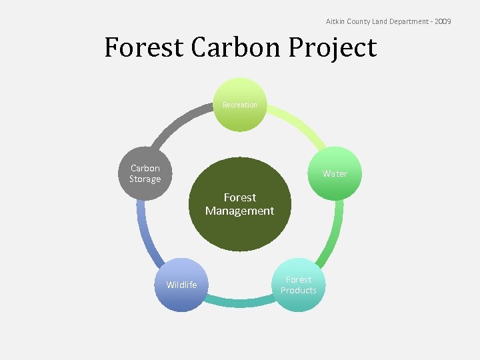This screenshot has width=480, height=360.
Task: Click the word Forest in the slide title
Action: [143, 48]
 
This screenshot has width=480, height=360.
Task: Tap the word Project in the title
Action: [335, 48]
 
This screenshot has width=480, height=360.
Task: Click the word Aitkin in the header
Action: [334, 22]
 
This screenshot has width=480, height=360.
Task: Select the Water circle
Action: [335, 173]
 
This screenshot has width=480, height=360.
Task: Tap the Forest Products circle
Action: [299, 285]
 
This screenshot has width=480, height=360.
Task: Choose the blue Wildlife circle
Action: [181, 285]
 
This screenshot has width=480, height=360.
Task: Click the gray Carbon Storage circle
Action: [145, 173]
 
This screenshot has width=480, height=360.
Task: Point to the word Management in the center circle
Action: [240, 211]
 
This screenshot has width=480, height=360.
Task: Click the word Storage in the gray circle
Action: [145, 179]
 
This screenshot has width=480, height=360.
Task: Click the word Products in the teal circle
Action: [299, 290]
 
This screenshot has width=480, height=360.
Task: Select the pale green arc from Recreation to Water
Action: [300, 124]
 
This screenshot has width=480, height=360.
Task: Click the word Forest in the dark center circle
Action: [240, 197]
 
